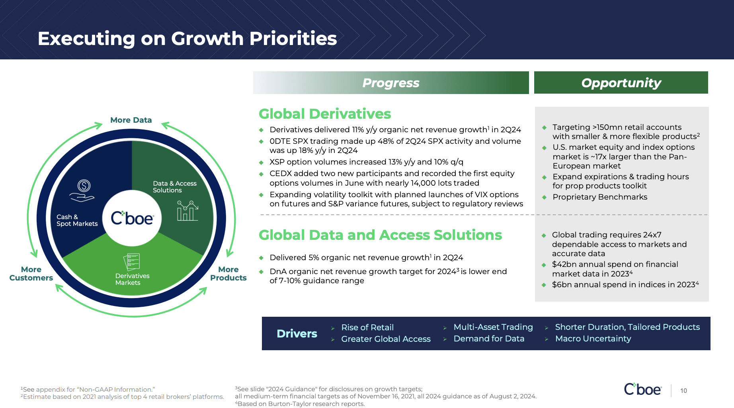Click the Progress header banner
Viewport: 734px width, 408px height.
tap(391, 83)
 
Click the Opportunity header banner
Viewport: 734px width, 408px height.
tap(621, 83)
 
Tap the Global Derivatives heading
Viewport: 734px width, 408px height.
tap(325, 114)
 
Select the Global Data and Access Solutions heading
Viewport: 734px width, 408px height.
tap(380, 235)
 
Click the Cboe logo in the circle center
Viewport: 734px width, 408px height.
tap(132, 218)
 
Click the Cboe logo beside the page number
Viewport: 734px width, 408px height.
tap(643, 389)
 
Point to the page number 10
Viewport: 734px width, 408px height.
tap(683, 391)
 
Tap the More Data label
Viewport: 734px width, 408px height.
tap(131, 120)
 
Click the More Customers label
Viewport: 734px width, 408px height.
tap(31, 274)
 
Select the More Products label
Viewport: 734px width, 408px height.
tap(228, 274)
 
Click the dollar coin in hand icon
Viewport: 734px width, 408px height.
tap(82, 190)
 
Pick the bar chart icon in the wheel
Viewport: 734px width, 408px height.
tap(187, 211)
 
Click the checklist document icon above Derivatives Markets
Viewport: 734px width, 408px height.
tap(132, 262)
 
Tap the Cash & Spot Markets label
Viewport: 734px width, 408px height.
tap(77, 220)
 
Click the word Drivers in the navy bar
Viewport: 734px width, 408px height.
tap(297, 334)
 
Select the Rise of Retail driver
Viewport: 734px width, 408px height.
tap(367, 328)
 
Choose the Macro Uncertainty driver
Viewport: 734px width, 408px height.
tap(593, 339)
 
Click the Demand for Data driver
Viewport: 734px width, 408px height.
tap(489, 339)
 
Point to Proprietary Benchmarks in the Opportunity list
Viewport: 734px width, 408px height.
tap(600, 197)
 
